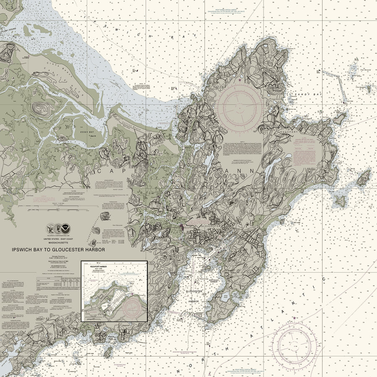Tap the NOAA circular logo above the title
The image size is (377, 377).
[65, 229]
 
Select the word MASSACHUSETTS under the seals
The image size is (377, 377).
[58, 242]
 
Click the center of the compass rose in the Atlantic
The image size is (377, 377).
[294, 340]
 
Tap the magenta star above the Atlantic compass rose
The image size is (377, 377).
[294, 318]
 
